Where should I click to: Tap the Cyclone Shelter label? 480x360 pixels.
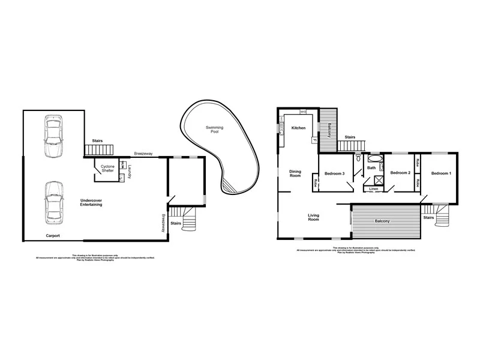pos(108,169)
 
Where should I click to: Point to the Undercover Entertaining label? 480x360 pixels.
pos(91,202)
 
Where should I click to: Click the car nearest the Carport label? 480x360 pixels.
pos(53,201)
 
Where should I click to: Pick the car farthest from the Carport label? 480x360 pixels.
pos(53,131)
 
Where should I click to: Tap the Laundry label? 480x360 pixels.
pos(129,172)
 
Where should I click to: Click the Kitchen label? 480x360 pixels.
pos(298,128)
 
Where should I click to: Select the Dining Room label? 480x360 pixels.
pos(295,173)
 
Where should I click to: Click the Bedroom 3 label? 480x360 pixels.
pos(334,173)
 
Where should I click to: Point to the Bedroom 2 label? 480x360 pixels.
pos(400,173)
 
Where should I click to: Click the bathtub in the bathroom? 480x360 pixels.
pos(375,159)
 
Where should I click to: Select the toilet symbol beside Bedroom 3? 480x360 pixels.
pos(358,158)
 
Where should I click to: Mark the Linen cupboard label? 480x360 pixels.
pos(373,189)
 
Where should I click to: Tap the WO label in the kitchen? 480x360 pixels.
pos(304,112)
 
